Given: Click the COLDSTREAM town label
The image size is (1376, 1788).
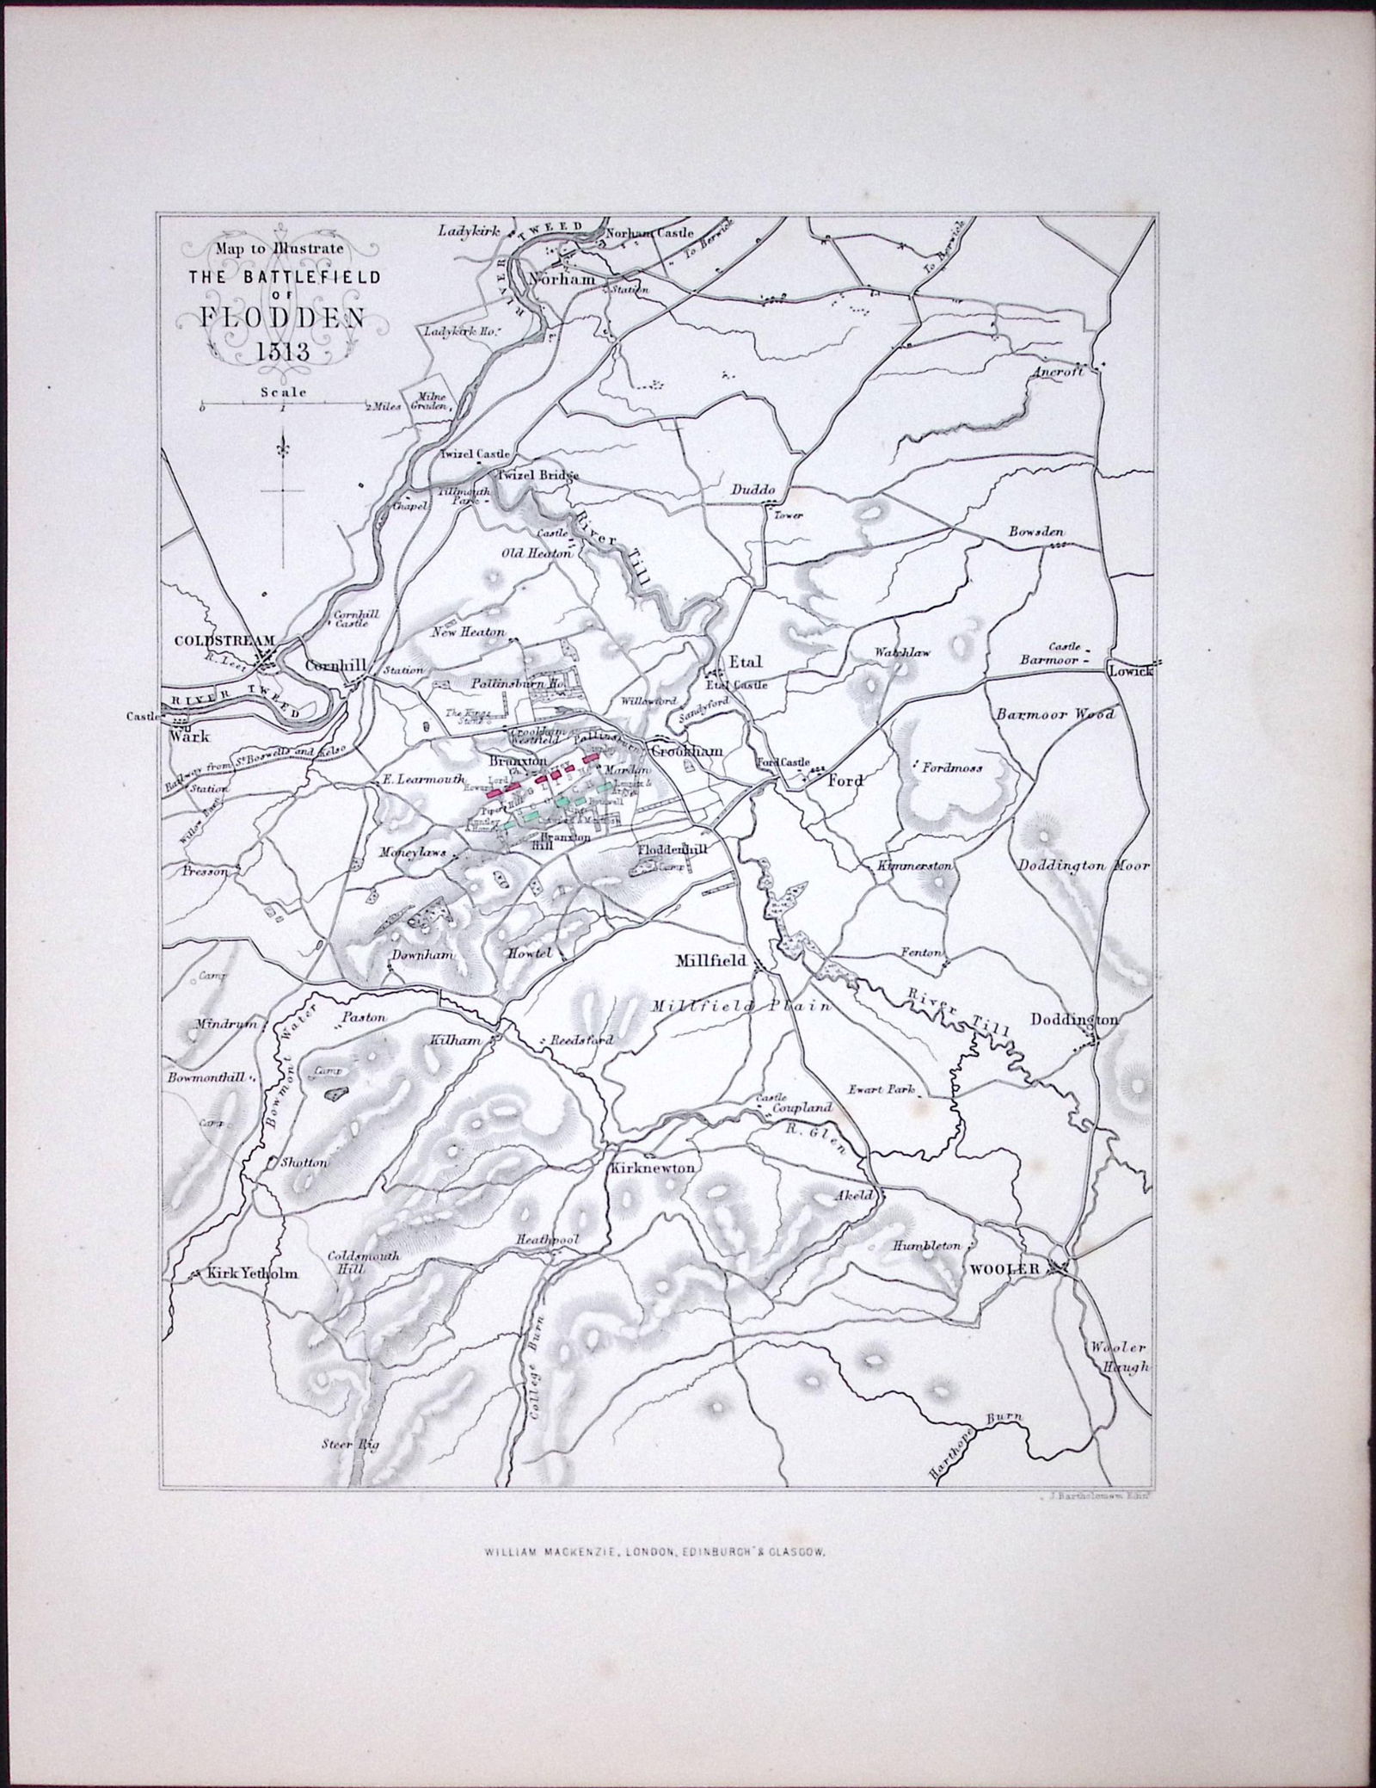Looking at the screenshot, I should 224,640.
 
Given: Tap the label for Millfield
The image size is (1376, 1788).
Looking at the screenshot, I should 710,960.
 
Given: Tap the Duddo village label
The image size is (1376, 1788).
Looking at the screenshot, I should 753,490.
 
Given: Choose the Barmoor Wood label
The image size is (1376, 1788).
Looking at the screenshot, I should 1055,714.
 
